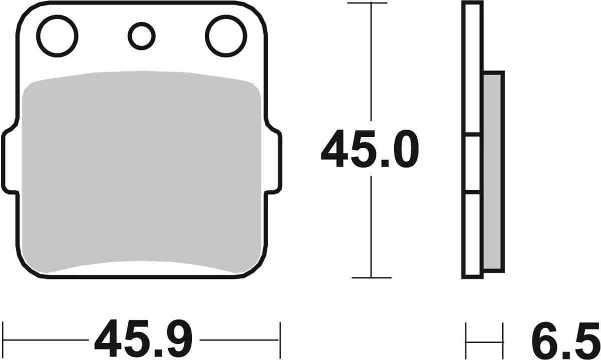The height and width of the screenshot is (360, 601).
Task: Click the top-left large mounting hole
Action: click(x=58, y=36)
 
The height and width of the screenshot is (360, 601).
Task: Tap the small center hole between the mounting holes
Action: click(x=141, y=36)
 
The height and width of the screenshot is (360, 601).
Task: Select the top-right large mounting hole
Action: click(x=225, y=36)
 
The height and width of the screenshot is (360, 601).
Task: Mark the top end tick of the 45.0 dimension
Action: click(x=370, y=4)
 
